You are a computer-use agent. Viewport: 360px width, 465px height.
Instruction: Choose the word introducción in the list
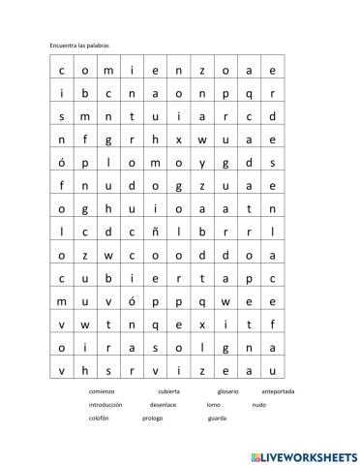point(107,404)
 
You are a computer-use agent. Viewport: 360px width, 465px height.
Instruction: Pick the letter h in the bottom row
point(84,370)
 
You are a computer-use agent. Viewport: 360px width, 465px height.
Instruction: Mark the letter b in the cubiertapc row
point(107,278)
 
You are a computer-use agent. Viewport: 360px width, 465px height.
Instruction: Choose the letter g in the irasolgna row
point(225,348)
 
